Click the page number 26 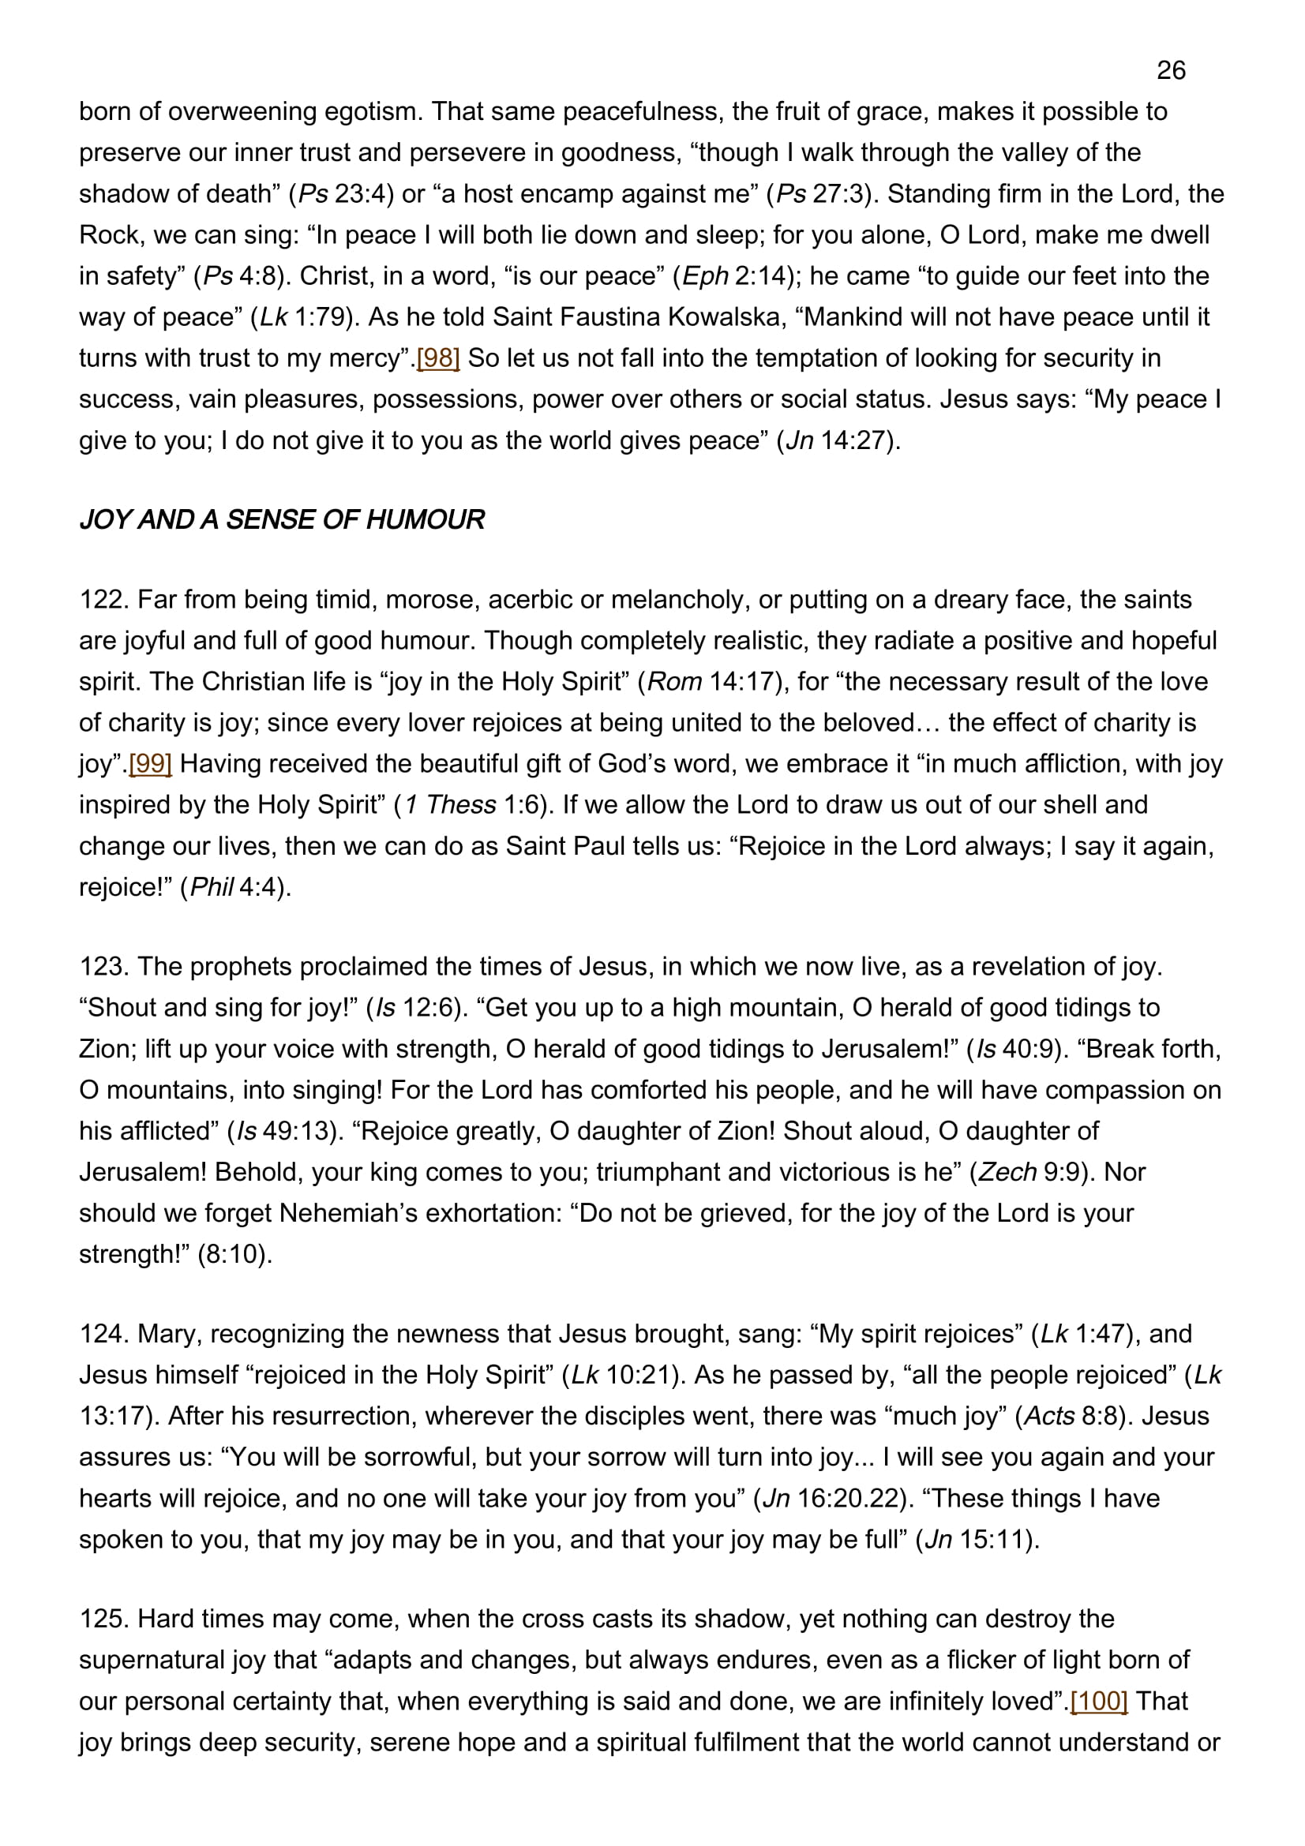coord(1171,71)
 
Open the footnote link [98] coord(437,358)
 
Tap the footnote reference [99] coord(150,764)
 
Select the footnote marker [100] coord(1098,1702)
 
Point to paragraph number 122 coord(103,600)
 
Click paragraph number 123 coord(103,967)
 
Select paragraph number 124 coord(103,1334)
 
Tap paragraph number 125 coord(103,1619)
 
